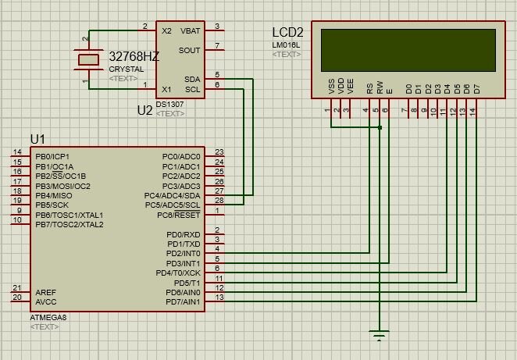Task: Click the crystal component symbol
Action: click(x=91, y=59)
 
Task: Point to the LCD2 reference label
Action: click(x=287, y=33)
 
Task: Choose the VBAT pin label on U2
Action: click(x=190, y=30)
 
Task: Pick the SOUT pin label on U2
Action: click(x=190, y=50)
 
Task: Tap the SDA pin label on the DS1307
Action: click(x=192, y=79)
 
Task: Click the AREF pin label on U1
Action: click(x=45, y=291)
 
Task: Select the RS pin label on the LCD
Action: click(x=369, y=90)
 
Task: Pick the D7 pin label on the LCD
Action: click(x=476, y=90)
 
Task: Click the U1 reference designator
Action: click(x=37, y=139)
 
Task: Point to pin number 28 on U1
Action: click(x=219, y=201)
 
